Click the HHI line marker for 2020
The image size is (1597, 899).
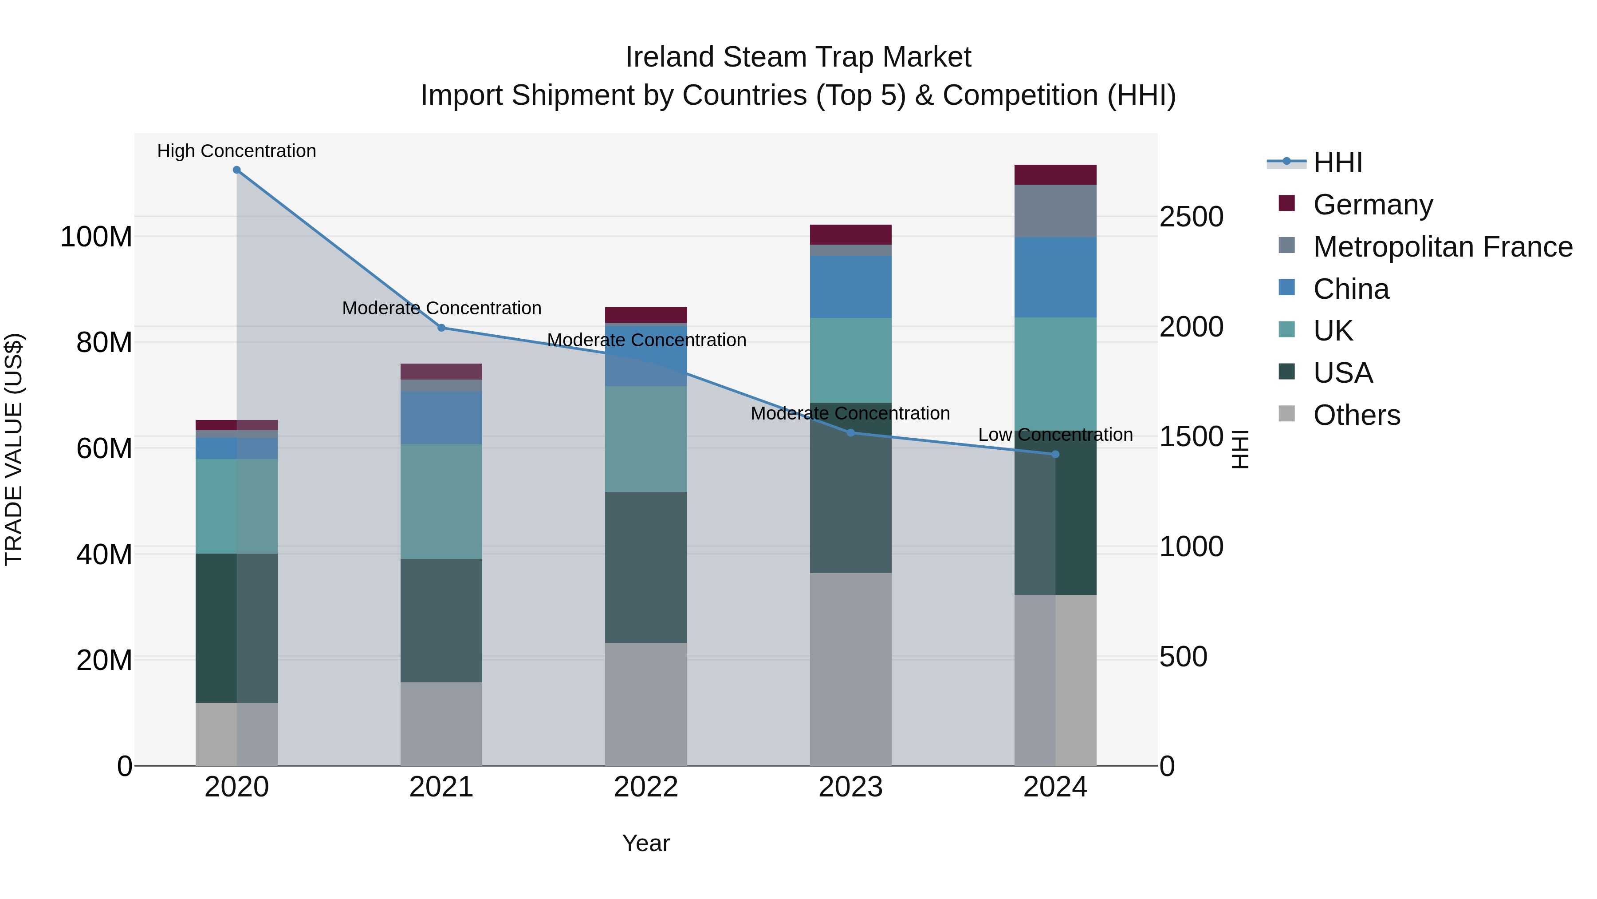click(237, 170)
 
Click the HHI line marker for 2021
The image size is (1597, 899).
click(441, 328)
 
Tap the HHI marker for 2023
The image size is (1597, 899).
click(850, 432)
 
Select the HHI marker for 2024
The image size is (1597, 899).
click(1055, 454)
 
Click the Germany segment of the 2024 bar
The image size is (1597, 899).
click(1055, 175)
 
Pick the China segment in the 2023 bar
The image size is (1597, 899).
click(850, 287)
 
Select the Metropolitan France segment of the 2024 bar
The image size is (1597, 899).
click(1055, 211)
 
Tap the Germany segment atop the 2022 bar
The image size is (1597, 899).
click(646, 315)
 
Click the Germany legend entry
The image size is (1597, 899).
click(1373, 205)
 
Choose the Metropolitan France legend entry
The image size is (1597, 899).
click(1442, 247)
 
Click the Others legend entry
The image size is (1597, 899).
click(1357, 415)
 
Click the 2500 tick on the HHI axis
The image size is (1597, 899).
click(1191, 217)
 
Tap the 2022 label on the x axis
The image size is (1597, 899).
click(646, 787)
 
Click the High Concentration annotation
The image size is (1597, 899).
click(237, 151)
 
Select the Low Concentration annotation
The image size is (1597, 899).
click(1055, 435)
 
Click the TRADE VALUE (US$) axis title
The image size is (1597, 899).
click(14, 449)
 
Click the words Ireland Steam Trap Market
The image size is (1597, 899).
click(798, 57)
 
